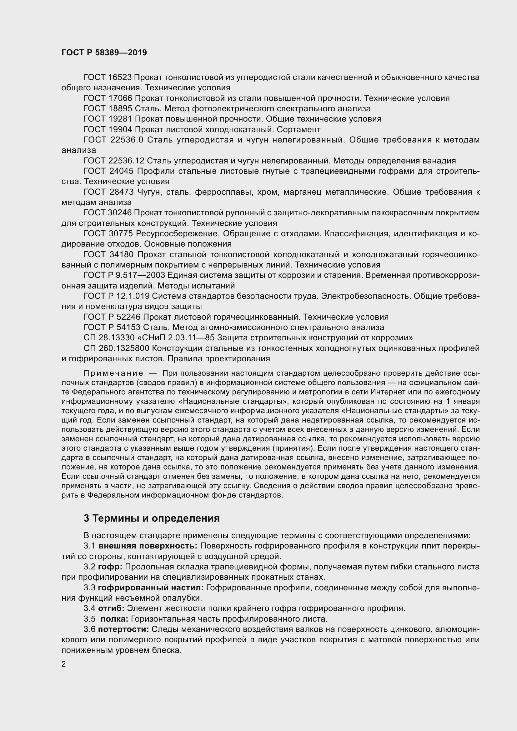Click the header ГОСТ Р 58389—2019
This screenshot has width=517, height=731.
point(104,53)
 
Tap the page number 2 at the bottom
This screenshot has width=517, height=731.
point(64,664)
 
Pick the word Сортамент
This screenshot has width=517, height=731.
point(301,130)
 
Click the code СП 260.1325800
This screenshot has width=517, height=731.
point(117,348)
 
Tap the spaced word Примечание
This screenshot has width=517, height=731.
point(113,373)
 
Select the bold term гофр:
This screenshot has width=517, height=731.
point(110,567)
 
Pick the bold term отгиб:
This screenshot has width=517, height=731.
point(111,608)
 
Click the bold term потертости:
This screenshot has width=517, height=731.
point(123,629)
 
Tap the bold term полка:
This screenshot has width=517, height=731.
point(114,619)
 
